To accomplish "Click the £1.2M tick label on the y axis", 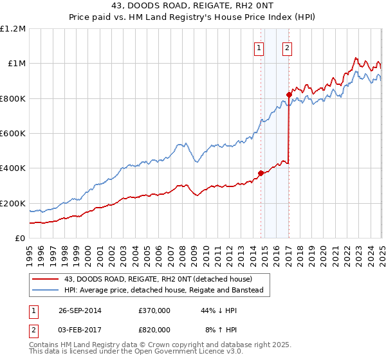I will (13, 29).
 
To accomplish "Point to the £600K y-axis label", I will (13, 134).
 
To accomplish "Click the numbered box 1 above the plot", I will (259, 47).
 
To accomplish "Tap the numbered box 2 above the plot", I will (286, 47).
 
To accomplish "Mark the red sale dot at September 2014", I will (261, 173).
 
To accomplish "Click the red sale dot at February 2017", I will (289, 95).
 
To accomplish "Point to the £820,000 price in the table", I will (154, 329).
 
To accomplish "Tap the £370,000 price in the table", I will (154, 310).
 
